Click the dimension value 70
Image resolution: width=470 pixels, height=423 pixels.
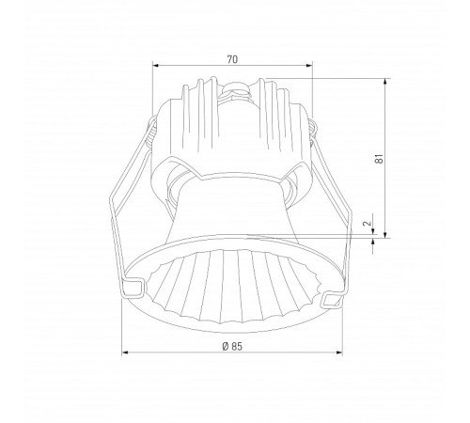[x=232, y=58]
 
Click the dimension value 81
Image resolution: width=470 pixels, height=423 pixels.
[x=377, y=159]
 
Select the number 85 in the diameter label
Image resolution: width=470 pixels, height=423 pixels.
[x=237, y=347]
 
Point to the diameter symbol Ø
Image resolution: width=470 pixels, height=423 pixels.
[x=224, y=347]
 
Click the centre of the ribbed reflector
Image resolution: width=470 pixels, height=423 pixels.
[x=232, y=282]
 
